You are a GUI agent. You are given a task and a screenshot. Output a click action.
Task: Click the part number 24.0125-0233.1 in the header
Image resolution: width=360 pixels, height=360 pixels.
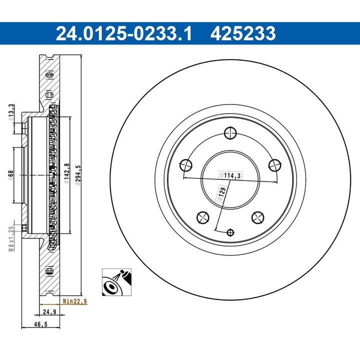123,34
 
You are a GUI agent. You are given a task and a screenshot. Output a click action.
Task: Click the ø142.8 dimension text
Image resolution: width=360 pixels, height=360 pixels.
66,174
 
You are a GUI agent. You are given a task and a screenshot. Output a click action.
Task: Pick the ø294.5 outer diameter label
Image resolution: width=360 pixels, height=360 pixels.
77,174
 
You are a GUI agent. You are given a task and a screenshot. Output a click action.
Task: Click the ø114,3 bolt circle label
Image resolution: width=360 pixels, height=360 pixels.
230,175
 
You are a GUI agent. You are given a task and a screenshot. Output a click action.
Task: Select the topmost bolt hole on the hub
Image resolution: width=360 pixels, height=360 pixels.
230,133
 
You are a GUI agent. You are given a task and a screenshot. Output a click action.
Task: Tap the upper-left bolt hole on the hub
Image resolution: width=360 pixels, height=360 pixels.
185,165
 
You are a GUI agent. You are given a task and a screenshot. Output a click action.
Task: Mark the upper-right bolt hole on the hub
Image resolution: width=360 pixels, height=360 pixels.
274,165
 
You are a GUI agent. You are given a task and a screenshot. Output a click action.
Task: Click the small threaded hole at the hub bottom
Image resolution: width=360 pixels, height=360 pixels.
230,232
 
